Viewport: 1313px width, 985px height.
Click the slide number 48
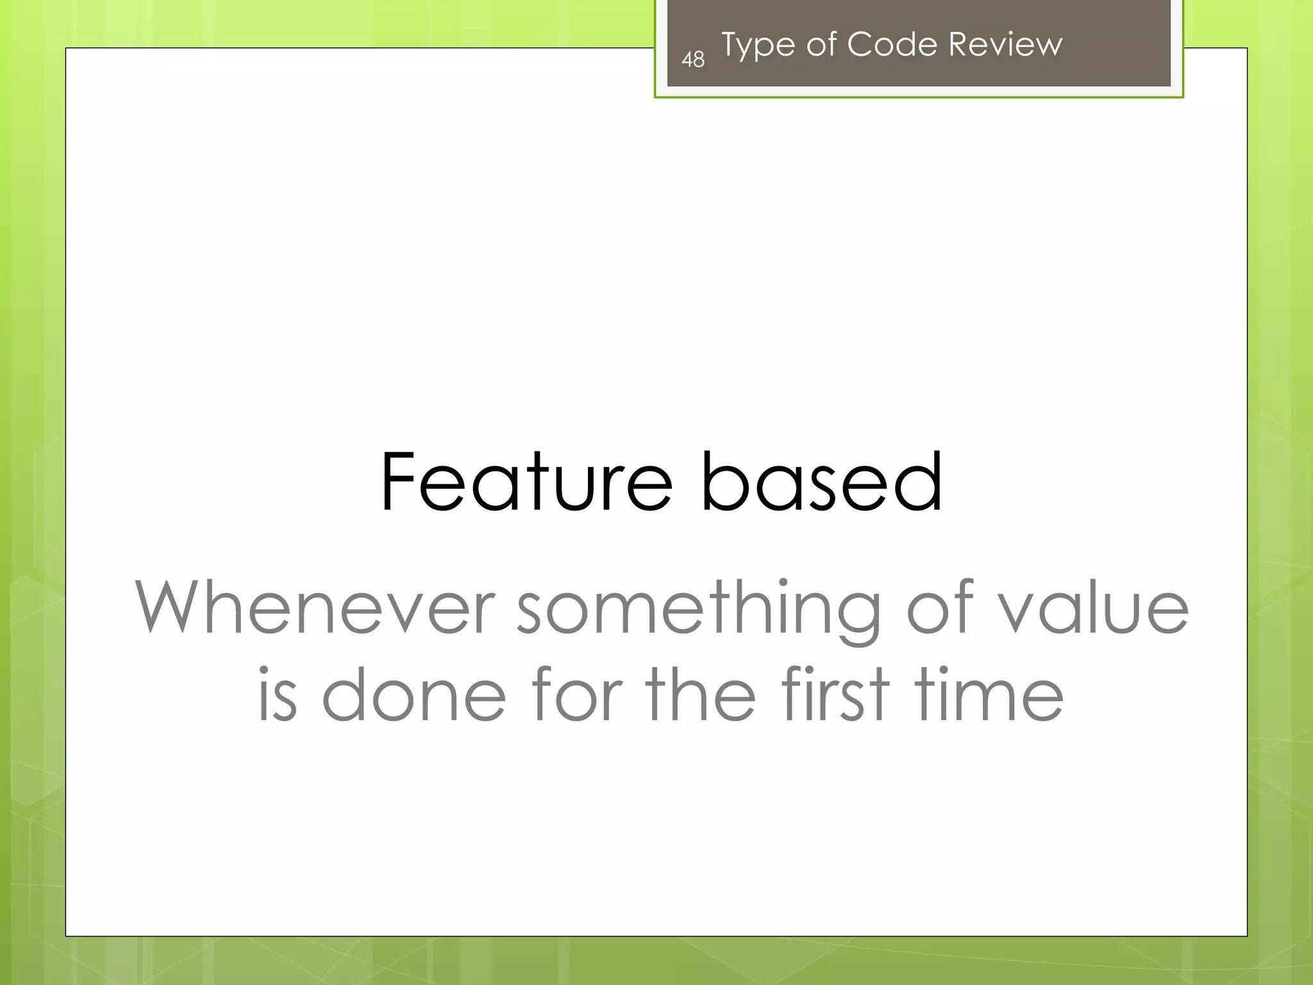692,60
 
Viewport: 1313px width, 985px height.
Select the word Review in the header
1005,44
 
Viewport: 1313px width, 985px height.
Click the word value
1094,607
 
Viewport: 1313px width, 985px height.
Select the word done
414,695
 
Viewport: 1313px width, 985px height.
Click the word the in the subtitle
701,695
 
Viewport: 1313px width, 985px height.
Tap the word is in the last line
278,695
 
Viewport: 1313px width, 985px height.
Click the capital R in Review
960,44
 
